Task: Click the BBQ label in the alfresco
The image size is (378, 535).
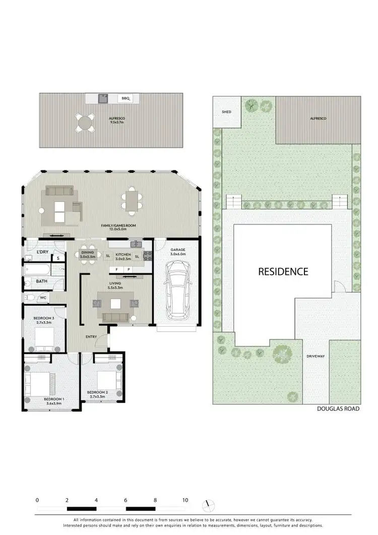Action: [x=125, y=98]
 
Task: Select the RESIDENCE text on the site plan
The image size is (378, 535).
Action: [x=283, y=271]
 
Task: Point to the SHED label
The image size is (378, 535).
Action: [x=226, y=111]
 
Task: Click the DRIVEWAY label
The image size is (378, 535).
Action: [x=316, y=356]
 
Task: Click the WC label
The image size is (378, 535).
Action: [x=43, y=298]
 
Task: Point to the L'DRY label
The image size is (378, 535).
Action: [x=42, y=251]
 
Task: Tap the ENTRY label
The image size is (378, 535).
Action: [x=91, y=336]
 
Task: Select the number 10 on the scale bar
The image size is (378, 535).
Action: [x=185, y=500]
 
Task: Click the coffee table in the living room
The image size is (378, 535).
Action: [x=116, y=304]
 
